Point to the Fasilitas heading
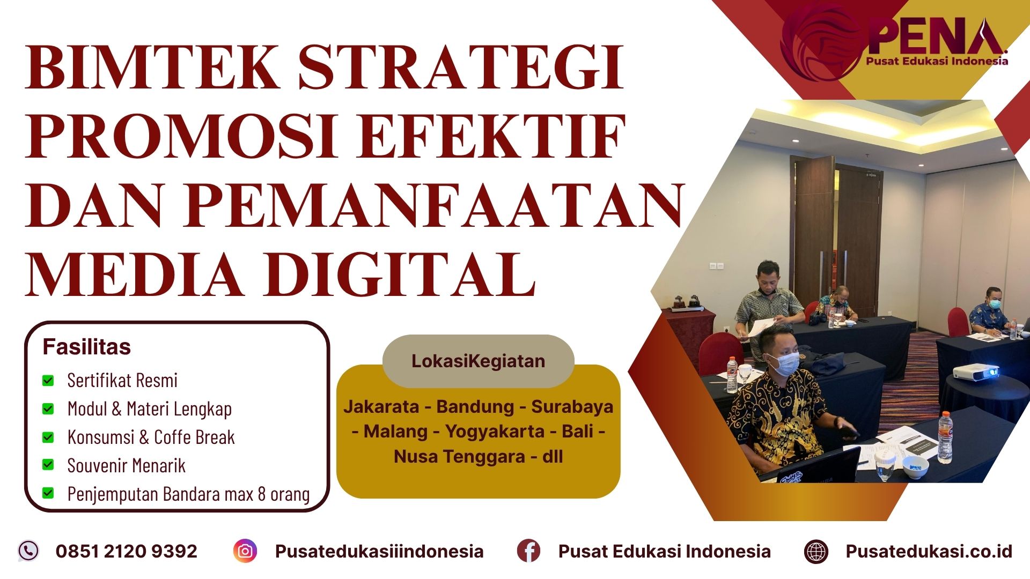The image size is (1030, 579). coord(86,347)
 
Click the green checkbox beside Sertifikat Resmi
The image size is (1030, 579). coord(48,381)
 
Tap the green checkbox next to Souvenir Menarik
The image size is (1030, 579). coord(48,465)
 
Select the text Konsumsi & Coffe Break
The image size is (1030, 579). coord(151,437)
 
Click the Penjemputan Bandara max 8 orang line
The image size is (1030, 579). coord(188,494)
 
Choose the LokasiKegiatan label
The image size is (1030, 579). coord(478,361)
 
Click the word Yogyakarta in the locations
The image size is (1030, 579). coord(495,431)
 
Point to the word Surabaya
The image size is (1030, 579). coord(572,406)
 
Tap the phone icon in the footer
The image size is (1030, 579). coord(28,551)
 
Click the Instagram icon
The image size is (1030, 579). coord(245,551)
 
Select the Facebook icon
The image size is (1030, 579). coord(528,551)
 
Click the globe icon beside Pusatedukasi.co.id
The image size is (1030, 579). coord(816,551)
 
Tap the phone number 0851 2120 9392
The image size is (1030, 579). coord(127,551)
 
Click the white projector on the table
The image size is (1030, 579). coord(975,372)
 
